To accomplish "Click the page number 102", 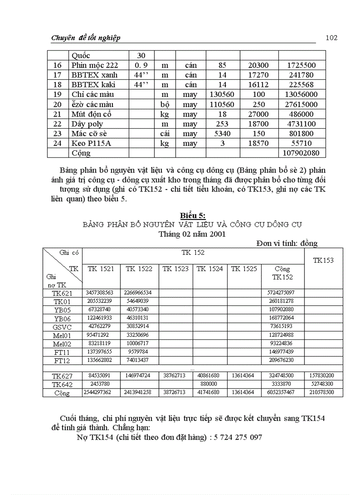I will pos(331,37).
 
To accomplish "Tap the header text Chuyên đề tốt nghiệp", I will pos(86,38).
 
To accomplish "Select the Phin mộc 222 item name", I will pos(94,65).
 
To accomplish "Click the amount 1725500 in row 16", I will pos(302,65).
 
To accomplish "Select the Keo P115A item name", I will pos(90,143).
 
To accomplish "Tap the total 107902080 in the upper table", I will pos(302,153).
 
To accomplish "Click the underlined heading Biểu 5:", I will pos(192,215).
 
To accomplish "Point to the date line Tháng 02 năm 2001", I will pos(192,234).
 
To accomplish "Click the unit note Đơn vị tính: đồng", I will pos(287,243).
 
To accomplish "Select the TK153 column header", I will pos(323,260).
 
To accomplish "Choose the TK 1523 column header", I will pos(176,268).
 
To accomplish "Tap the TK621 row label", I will pos(62,293).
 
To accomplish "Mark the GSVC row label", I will pos(62,327).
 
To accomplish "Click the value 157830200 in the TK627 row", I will pos(322,376).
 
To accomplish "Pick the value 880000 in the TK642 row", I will pos(210,384).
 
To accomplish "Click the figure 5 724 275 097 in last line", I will pos(238,437).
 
